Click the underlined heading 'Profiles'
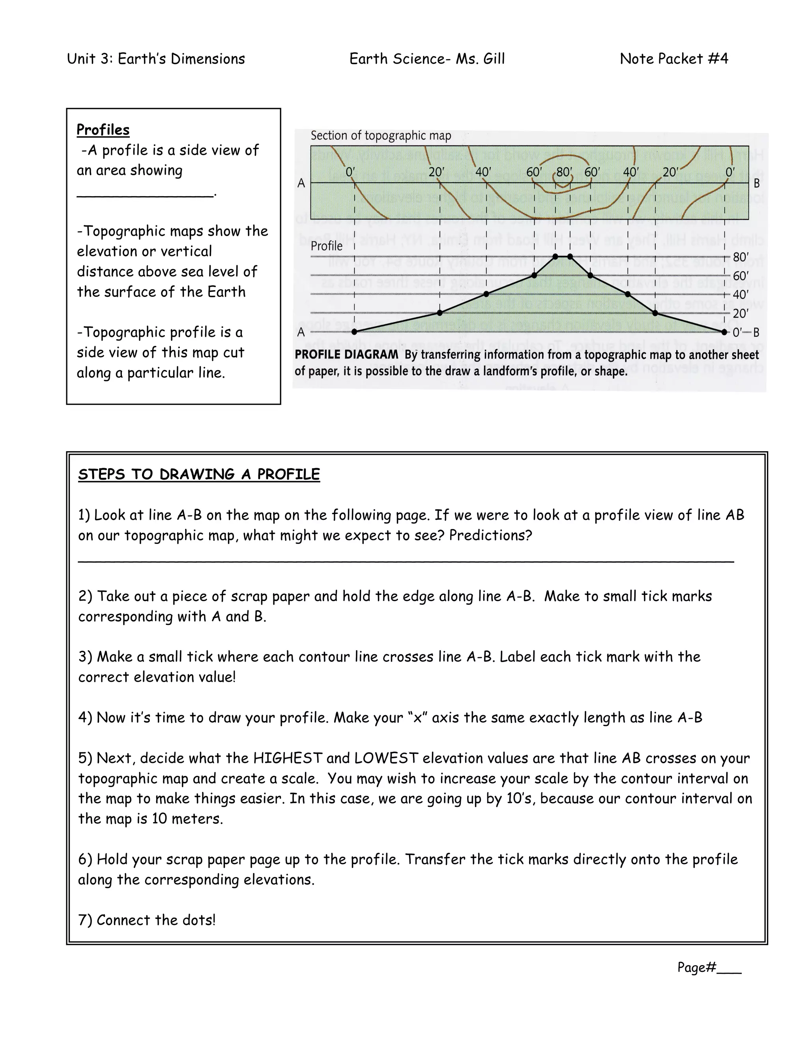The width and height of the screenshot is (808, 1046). (103, 130)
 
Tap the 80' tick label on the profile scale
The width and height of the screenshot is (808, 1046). (741, 257)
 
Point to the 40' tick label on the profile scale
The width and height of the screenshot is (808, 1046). (741, 294)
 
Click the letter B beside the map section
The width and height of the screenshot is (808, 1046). (757, 183)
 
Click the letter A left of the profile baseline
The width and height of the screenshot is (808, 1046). (301, 332)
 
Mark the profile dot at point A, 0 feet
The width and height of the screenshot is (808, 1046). (354, 332)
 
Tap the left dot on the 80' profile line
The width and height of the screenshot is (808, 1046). (555, 257)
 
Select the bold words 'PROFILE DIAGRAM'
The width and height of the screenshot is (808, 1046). (346, 354)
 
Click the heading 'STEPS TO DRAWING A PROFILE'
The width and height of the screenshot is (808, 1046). (199, 474)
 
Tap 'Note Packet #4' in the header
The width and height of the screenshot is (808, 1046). (673, 58)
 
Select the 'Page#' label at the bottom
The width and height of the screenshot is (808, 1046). (696, 967)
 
